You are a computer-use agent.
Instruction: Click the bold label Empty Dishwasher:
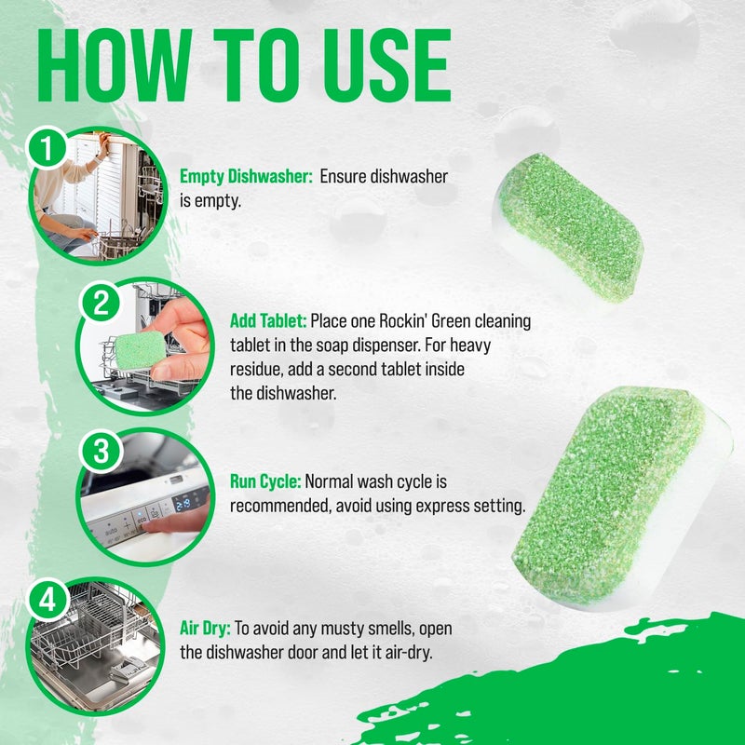[246, 177]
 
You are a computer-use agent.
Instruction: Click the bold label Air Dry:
[211, 629]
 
